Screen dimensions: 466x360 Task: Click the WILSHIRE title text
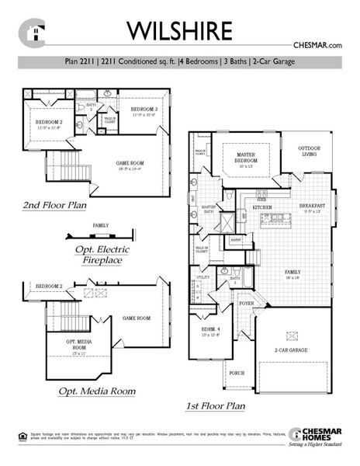179,30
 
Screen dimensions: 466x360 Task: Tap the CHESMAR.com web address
317,47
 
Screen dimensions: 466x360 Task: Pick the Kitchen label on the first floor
261,208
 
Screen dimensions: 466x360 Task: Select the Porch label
237,373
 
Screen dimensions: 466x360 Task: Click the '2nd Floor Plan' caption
54,206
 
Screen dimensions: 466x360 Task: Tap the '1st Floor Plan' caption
215,405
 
